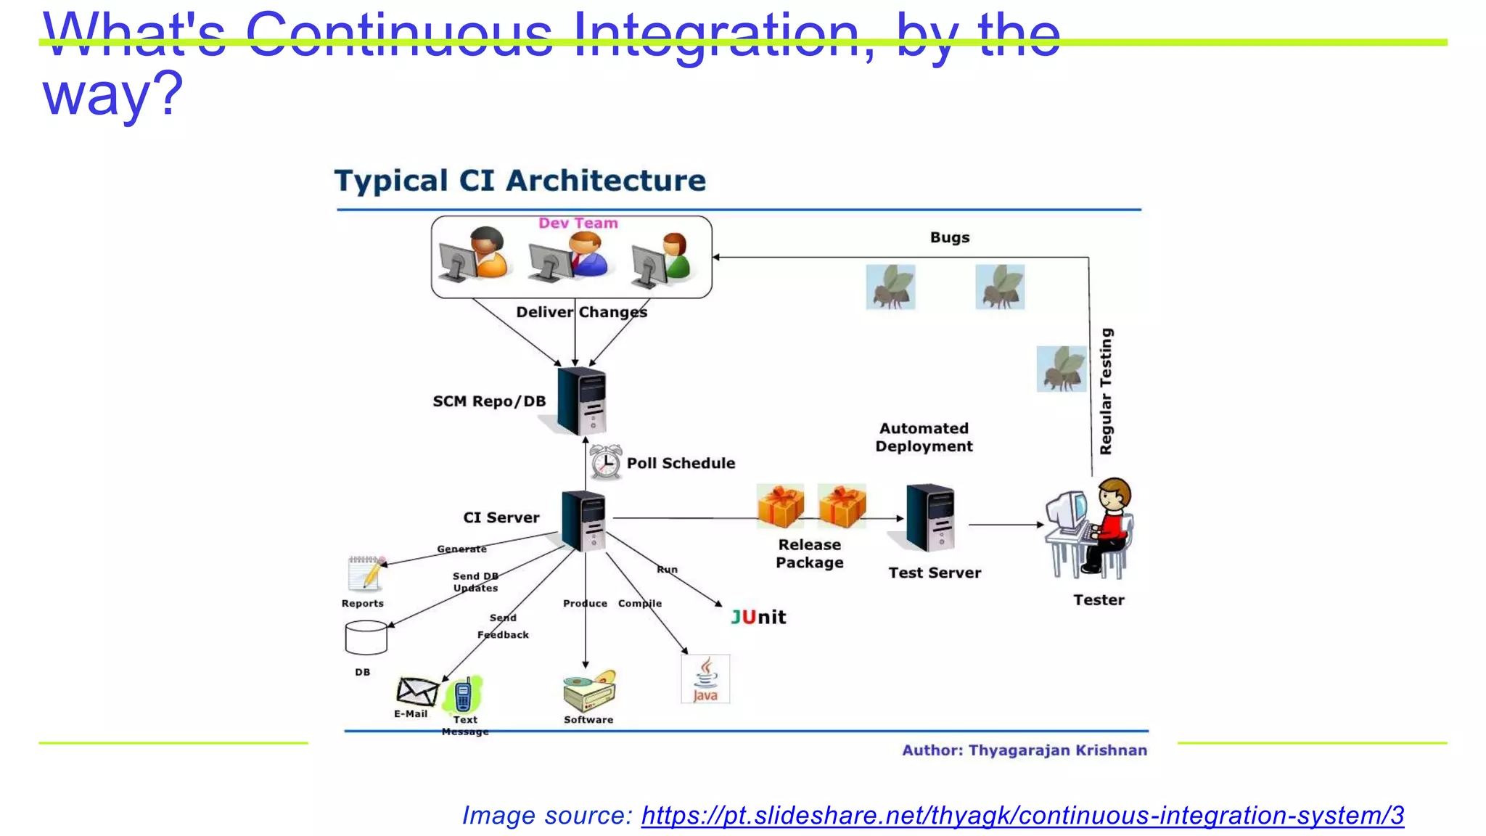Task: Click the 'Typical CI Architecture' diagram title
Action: (x=520, y=181)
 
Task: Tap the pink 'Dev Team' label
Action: (x=578, y=224)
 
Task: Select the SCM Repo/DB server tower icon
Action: (x=583, y=401)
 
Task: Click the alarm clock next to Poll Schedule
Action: (x=605, y=462)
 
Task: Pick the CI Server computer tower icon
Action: (x=584, y=521)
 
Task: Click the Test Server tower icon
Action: (x=930, y=518)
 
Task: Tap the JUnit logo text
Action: (x=758, y=617)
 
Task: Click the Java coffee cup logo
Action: (x=705, y=679)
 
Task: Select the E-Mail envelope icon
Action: (x=417, y=692)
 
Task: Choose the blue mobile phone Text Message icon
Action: (x=463, y=695)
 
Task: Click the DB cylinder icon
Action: (x=366, y=638)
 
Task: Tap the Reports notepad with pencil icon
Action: (x=366, y=574)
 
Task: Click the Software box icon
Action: (x=589, y=691)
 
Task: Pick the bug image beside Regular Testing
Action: (x=1062, y=369)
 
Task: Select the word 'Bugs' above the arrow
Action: (x=949, y=237)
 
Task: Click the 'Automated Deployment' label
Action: (x=924, y=438)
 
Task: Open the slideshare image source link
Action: (x=1022, y=815)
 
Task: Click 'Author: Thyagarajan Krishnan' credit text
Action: (x=1024, y=750)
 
